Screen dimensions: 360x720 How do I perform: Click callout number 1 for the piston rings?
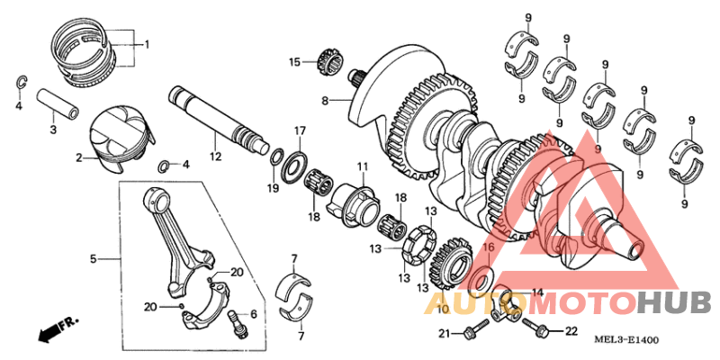[148, 44]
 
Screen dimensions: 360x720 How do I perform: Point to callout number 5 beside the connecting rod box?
[93, 259]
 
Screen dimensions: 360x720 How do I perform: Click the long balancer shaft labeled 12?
[221, 117]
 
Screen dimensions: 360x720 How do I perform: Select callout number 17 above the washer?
[301, 130]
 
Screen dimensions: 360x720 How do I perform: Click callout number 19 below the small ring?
[273, 187]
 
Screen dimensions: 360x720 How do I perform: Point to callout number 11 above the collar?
[363, 166]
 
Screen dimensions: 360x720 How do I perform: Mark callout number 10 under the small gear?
[442, 309]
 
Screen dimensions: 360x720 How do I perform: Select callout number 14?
[537, 292]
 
